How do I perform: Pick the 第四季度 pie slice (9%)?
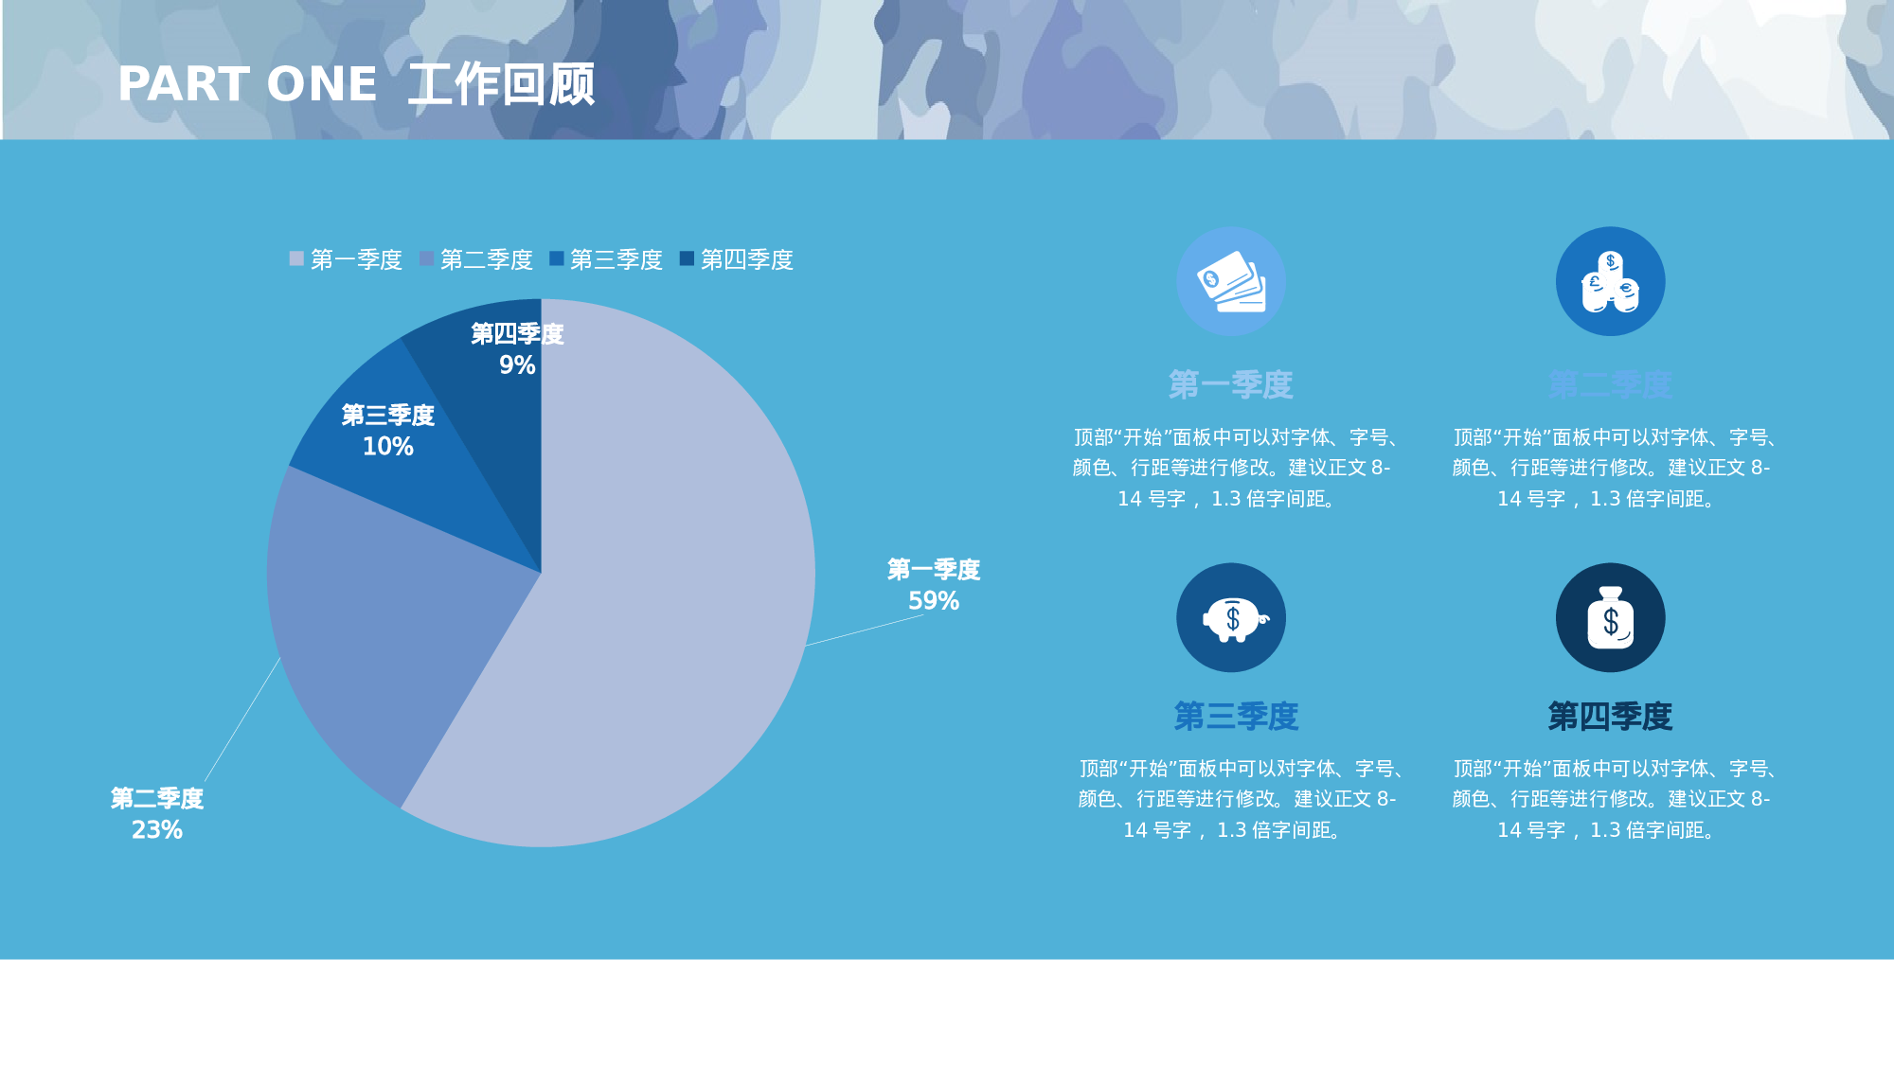[x=492, y=417]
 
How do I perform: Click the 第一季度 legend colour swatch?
[x=296, y=258]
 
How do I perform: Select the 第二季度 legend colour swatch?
[x=426, y=258]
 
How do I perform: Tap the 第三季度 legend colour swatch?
[x=556, y=258]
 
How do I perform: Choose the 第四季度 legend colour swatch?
[x=687, y=258]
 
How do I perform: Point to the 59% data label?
[x=933, y=600]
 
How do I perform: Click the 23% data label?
[x=157, y=829]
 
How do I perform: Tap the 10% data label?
[x=388, y=446]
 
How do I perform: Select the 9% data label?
[x=517, y=364]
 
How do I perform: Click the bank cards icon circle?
[x=1231, y=281]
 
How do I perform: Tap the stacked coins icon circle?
[x=1610, y=281]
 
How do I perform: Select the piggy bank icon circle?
[x=1231, y=617]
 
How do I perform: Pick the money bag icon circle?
[x=1610, y=617]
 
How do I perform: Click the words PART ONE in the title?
[x=247, y=84]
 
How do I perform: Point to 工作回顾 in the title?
[x=502, y=84]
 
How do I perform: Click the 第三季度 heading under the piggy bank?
[x=1236, y=716]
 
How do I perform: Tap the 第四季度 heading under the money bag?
[x=1610, y=716]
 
